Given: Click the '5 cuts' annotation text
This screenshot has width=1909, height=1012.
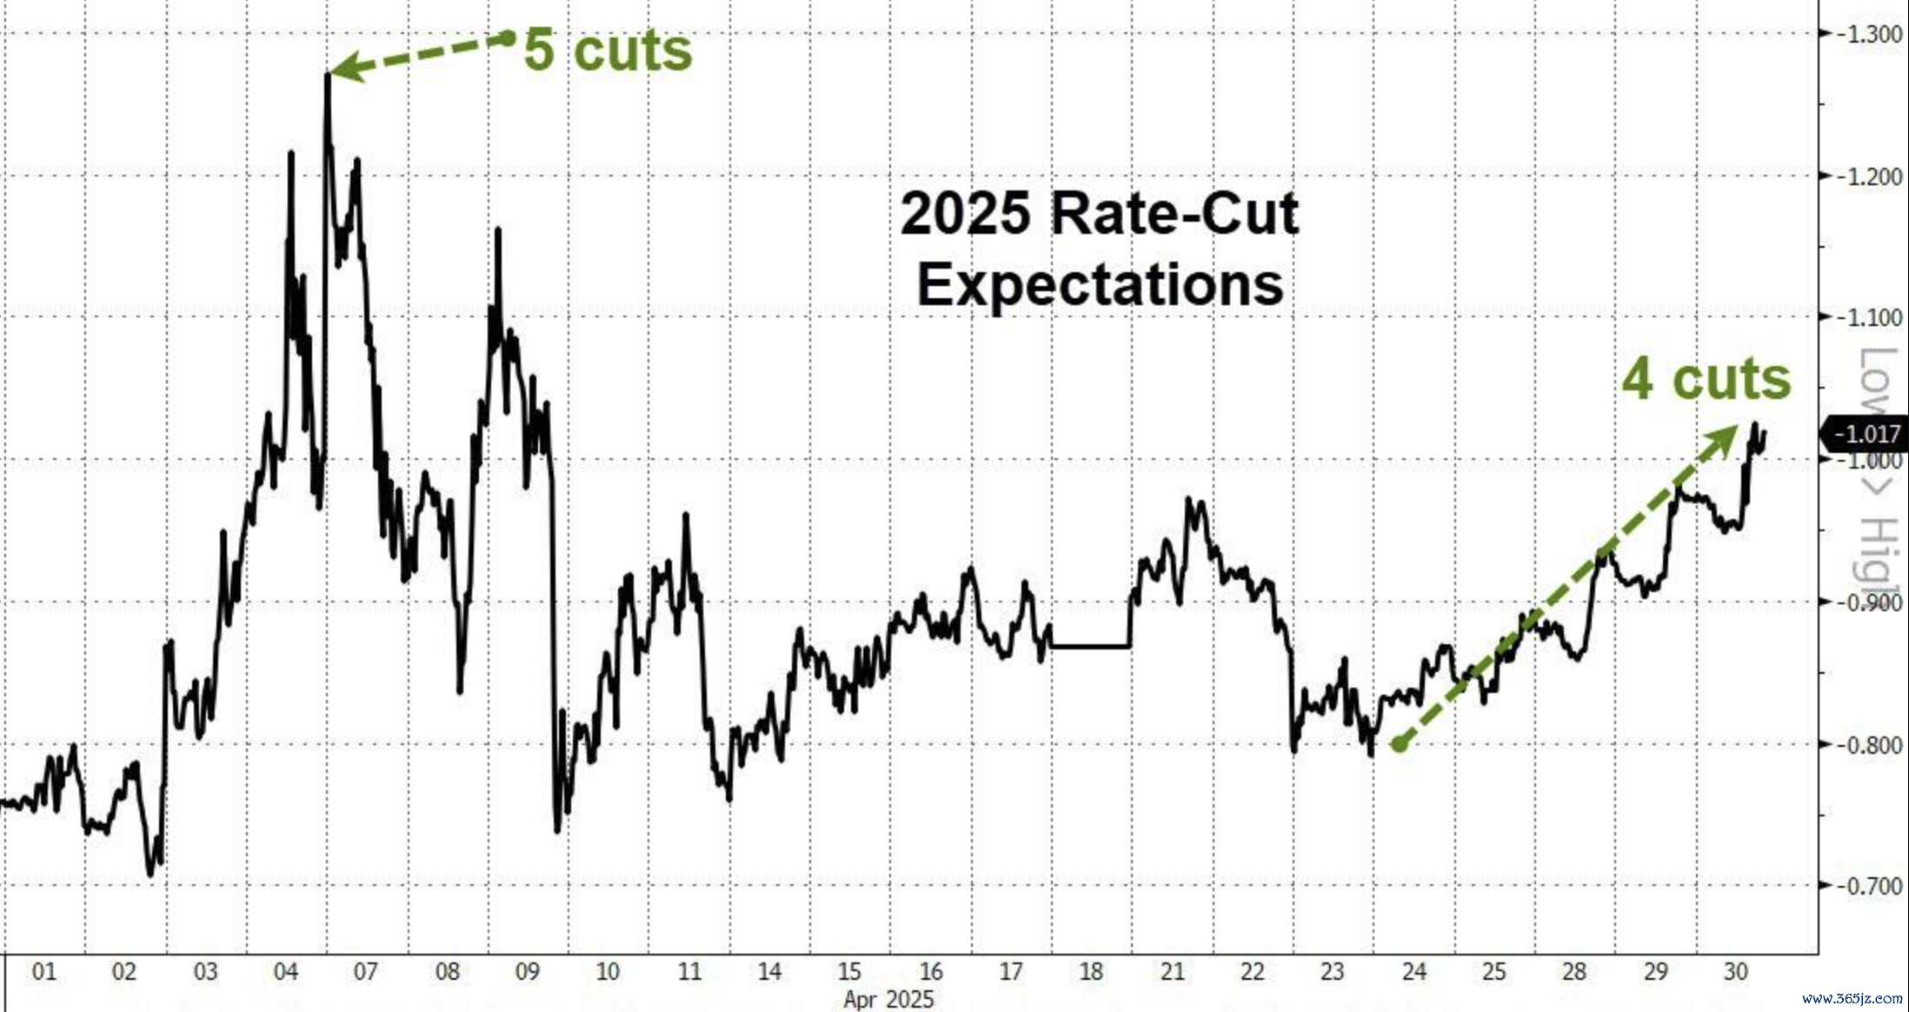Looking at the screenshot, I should point(608,50).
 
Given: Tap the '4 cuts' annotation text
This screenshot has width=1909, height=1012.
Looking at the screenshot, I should point(1706,379).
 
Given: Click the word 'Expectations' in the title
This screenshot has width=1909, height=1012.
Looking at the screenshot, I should point(1100,284).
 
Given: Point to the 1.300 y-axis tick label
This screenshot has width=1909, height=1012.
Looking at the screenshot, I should point(1871,35).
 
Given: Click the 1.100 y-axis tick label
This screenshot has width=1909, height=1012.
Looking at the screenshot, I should point(1871,318).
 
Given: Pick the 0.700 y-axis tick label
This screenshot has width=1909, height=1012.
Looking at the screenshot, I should point(1871,886).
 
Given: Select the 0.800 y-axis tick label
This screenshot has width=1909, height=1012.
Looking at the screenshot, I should point(1871,745).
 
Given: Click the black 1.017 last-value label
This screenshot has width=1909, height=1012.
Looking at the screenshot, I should point(1866,433).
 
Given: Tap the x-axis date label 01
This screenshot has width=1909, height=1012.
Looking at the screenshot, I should point(43,971).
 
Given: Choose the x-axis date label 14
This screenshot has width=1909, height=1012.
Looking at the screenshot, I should point(769,971).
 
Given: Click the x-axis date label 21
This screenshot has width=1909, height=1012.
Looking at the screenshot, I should point(1172,971).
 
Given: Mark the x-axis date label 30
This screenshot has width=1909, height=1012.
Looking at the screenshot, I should point(1735,971).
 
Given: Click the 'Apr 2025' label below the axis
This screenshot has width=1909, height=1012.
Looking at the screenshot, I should point(888,999).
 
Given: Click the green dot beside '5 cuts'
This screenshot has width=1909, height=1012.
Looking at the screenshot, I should point(508,38).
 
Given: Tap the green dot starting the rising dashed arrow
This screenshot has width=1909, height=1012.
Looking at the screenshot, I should point(1399,744).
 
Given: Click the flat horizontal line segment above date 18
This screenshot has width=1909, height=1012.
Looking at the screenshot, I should point(1090,646).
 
